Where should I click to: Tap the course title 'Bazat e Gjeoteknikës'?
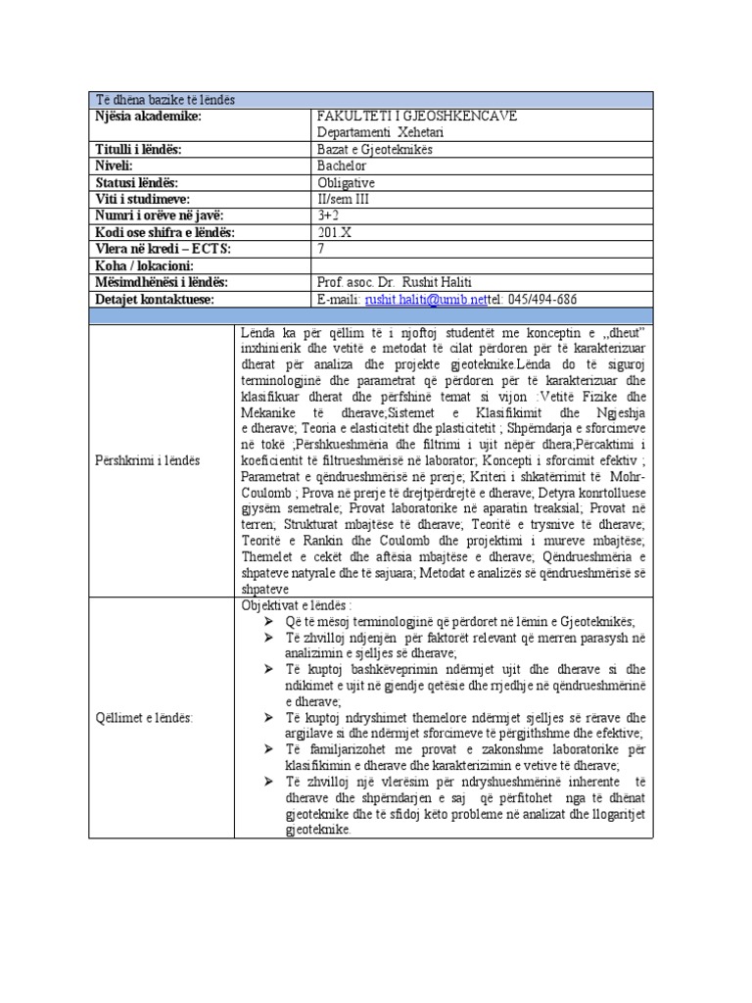click(375, 149)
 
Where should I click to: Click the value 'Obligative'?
click(347, 182)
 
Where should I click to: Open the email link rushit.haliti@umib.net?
click(425, 299)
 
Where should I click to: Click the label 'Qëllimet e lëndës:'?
click(145, 717)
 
